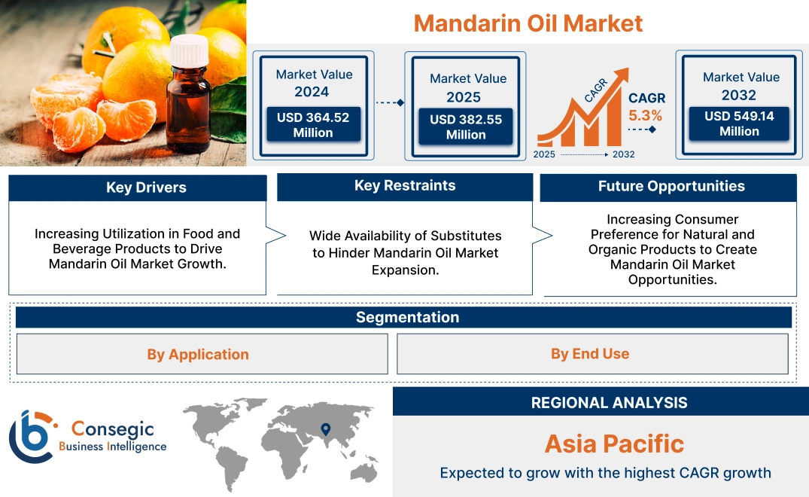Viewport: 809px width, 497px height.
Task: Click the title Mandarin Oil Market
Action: [x=528, y=23]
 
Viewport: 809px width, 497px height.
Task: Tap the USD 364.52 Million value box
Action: [x=312, y=125]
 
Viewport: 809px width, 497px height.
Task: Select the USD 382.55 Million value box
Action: [x=466, y=127]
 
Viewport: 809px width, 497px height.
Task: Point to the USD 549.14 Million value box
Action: [x=739, y=123]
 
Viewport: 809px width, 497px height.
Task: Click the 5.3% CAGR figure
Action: [x=646, y=115]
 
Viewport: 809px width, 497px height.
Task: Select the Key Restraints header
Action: [x=405, y=186]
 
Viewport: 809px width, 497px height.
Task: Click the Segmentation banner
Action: [x=407, y=317]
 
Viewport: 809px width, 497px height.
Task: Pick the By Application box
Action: [x=198, y=354]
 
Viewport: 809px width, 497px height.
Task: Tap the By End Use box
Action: [x=590, y=353]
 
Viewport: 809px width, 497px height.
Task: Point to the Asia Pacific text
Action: [x=614, y=443]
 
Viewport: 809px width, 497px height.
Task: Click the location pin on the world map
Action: [x=325, y=429]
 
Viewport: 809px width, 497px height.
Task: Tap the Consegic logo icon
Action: [x=31, y=436]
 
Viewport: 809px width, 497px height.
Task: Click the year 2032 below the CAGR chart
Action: [x=623, y=154]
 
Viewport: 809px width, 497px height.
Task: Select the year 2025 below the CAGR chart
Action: [x=546, y=154]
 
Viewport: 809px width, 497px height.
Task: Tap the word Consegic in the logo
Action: [x=112, y=429]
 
